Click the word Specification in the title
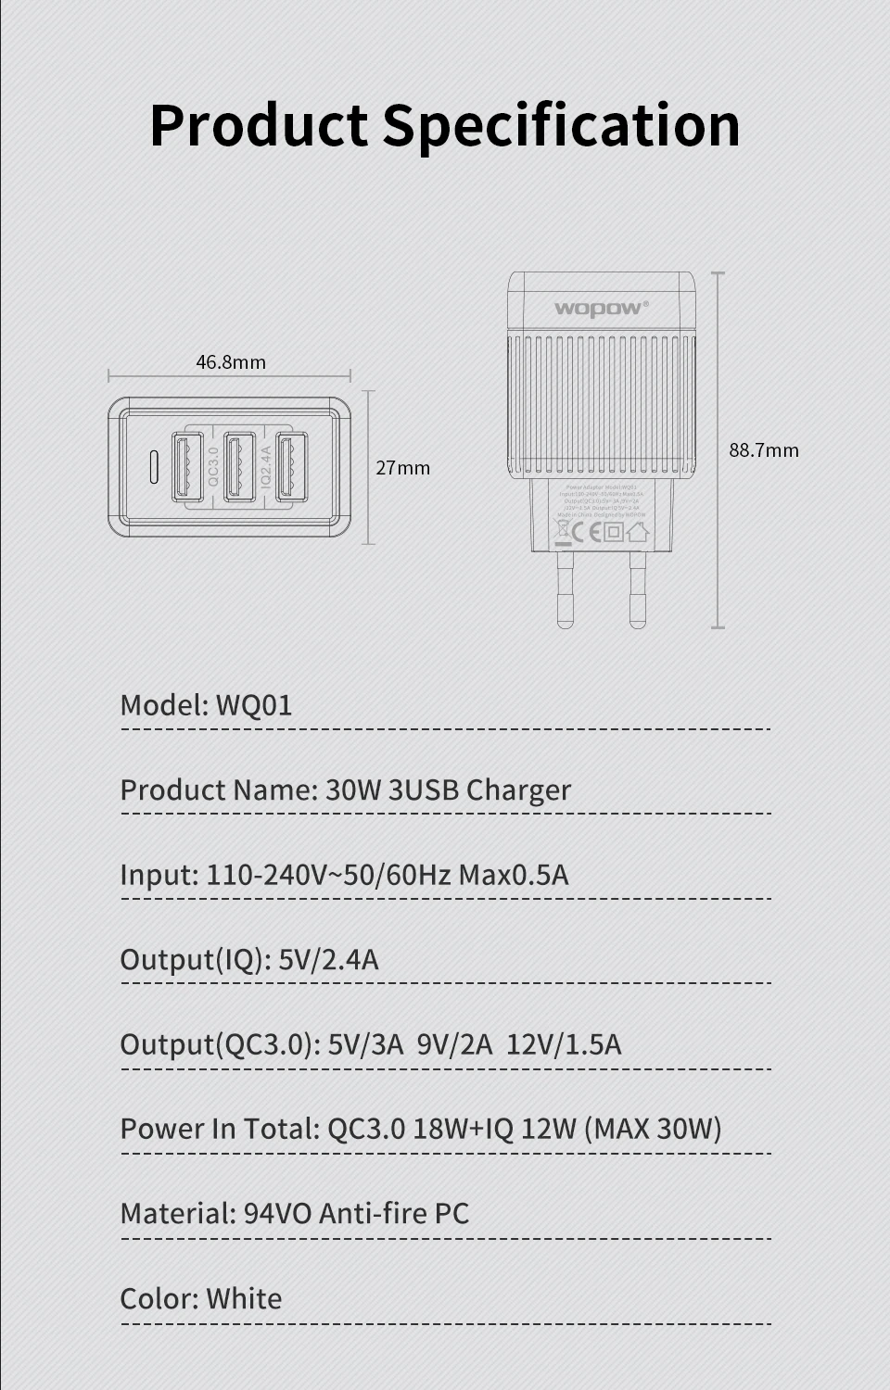point(561,126)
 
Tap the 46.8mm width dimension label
point(231,362)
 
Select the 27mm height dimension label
point(403,468)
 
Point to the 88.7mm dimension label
point(763,450)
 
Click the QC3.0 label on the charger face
point(213,467)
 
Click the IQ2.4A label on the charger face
point(265,467)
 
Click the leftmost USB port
point(187,467)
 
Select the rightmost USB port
point(291,467)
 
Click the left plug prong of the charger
point(565,589)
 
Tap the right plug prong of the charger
point(638,589)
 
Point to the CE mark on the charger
point(587,532)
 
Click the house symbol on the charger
point(637,532)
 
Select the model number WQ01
point(254,705)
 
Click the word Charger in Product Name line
point(518,790)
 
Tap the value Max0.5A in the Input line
point(514,875)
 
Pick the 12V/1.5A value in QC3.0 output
point(564,1044)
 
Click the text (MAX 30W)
point(653,1129)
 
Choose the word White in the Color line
point(244,1298)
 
